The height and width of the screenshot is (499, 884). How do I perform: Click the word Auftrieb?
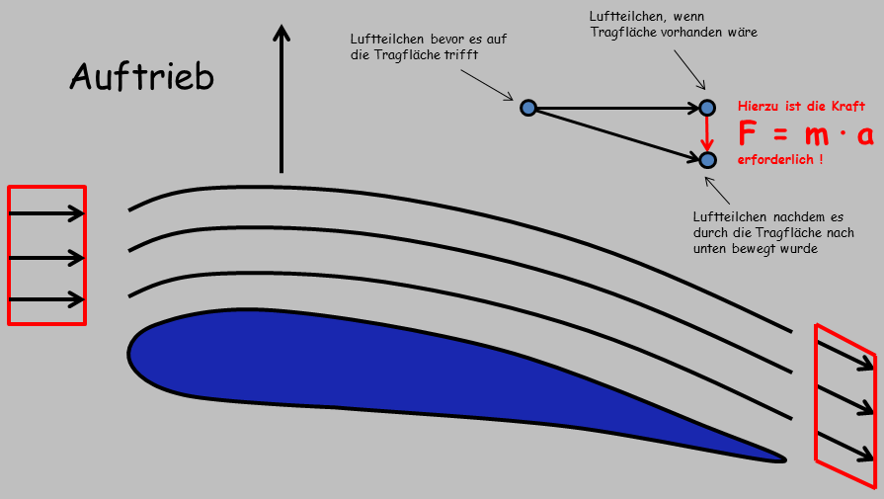click(x=141, y=76)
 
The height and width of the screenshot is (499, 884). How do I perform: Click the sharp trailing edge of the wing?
click(x=782, y=457)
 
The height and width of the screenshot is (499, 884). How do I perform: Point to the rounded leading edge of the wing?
click(x=133, y=350)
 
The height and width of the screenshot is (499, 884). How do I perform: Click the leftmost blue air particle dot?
click(x=527, y=107)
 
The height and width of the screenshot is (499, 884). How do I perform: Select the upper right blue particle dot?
click(x=706, y=107)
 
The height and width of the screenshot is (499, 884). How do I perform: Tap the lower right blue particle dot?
click(x=706, y=159)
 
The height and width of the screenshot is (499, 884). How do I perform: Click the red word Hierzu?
click(x=760, y=105)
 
